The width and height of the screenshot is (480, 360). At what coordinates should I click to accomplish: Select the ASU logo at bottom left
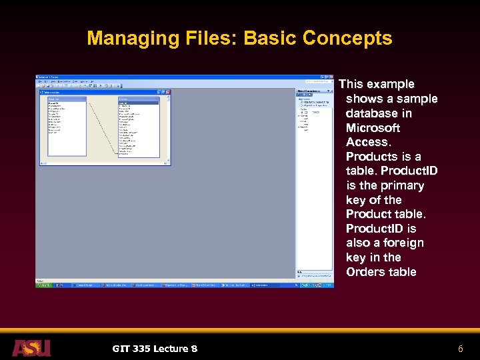tap(31, 348)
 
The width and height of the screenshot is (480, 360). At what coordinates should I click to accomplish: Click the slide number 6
tap(459, 349)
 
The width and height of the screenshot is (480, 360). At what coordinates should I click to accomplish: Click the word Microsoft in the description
tap(373, 127)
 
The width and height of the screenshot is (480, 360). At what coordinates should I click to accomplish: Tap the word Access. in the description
tap(368, 142)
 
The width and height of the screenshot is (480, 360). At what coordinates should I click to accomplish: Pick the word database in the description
tap(379, 113)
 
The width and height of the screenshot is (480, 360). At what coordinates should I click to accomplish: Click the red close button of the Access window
tap(331, 77)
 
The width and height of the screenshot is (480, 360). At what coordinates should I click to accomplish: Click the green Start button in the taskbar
tap(43, 285)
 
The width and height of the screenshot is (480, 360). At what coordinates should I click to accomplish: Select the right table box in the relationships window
tap(139, 127)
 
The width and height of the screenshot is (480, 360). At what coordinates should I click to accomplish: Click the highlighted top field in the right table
tap(139, 103)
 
